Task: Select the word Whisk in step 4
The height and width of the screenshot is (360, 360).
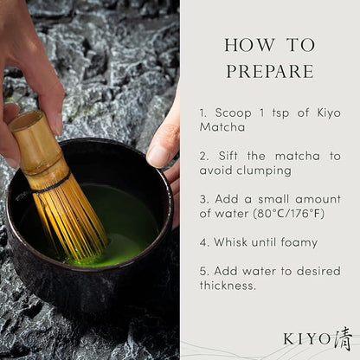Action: click(x=232, y=242)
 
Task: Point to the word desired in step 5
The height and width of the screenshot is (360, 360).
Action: click(x=307, y=272)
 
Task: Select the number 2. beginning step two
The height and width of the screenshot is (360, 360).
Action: click(x=202, y=155)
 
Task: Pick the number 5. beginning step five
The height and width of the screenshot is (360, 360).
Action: click(x=202, y=272)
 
